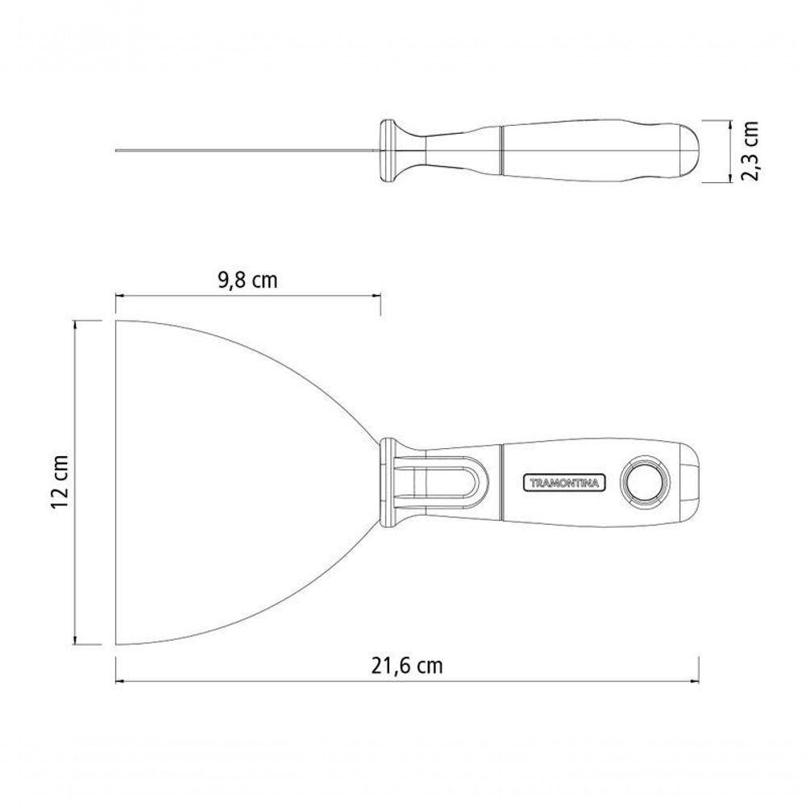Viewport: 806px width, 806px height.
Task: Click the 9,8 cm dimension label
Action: coord(247,280)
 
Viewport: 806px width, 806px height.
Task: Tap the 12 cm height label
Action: coord(60,481)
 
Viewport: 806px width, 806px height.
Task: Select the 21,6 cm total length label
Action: coord(406,666)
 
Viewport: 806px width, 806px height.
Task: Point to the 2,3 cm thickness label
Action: coord(750,151)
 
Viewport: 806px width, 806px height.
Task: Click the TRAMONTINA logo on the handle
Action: coord(564,483)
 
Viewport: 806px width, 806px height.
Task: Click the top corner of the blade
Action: coord(115,321)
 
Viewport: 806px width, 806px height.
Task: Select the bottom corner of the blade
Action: coord(115,644)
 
